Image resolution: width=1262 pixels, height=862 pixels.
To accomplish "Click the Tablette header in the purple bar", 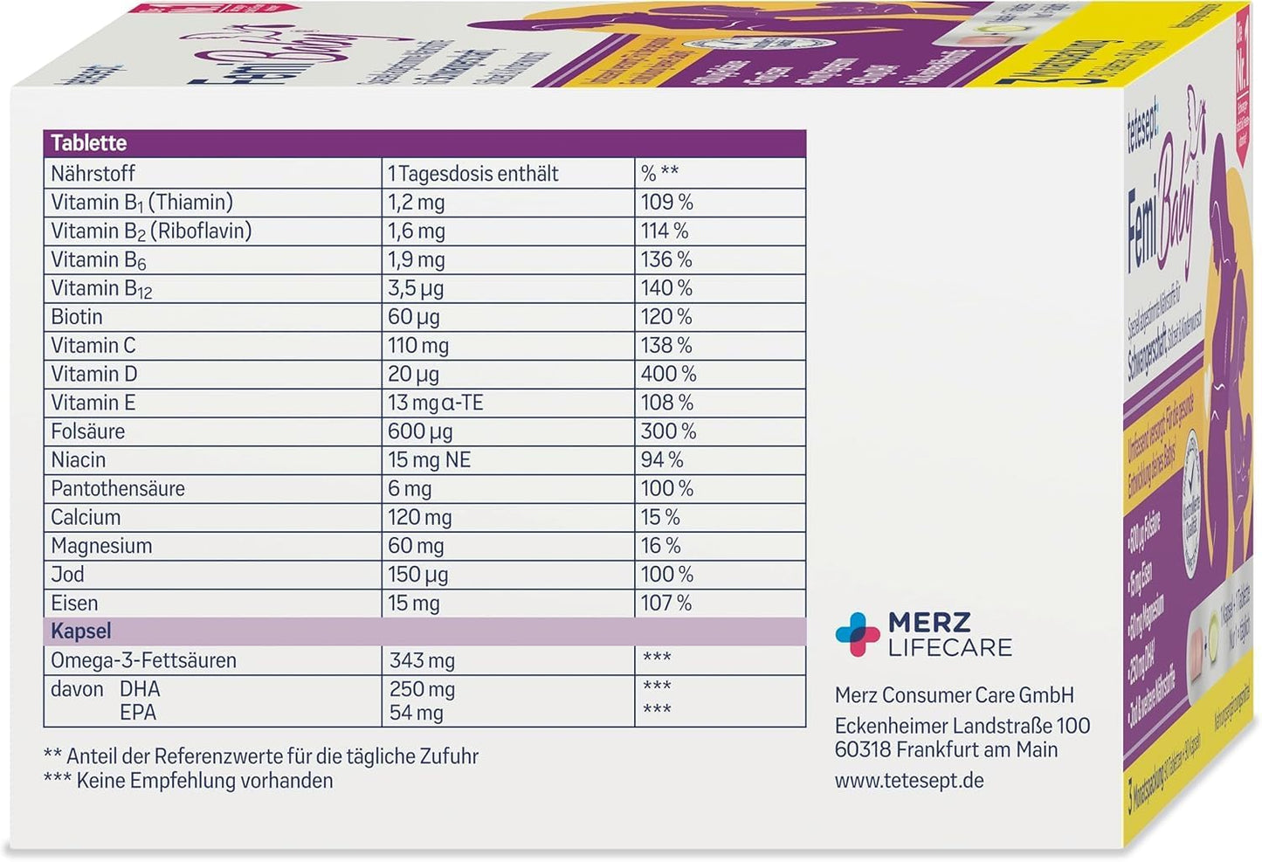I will [88, 143].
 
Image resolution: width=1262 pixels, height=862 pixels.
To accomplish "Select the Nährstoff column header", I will [93, 173].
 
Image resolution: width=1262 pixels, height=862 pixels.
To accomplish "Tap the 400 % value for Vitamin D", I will [668, 374].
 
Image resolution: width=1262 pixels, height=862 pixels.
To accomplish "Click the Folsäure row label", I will [87, 431].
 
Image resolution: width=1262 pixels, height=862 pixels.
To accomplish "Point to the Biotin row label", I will [77, 316].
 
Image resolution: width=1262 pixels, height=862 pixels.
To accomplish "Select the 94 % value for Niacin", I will [662, 460].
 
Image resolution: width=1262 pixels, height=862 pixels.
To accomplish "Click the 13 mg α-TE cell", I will [435, 403].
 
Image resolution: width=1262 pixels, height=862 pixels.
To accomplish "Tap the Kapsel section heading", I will [81, 631].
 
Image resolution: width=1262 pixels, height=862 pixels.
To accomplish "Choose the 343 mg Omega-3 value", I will [422, 661].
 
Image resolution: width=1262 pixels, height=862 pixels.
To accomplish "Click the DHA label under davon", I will [140, 689].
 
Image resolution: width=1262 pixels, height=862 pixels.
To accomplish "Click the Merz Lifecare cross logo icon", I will [857, 634].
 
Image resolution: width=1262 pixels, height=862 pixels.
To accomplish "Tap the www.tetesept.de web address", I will [908, 780].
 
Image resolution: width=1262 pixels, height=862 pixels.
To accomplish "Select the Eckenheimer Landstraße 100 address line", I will [962, 726].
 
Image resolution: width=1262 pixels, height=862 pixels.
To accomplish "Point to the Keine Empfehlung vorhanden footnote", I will [189, 781].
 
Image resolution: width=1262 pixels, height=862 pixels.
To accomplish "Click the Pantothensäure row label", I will [117, 488].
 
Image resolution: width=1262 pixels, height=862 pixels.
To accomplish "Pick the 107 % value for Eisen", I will [666, 603].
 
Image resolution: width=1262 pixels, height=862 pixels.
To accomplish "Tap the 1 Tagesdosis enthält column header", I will [472, 173].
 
